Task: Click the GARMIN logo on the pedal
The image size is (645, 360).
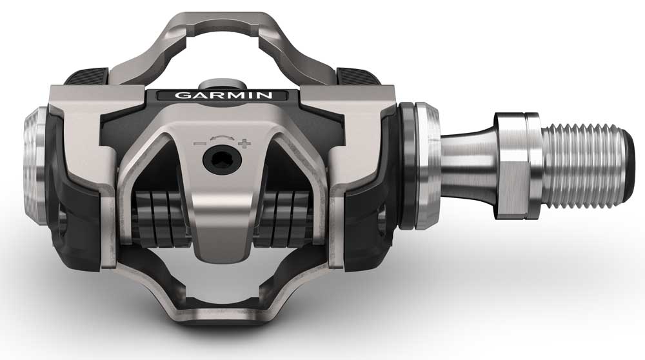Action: coord(219,95)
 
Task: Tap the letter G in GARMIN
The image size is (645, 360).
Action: coord(181,95)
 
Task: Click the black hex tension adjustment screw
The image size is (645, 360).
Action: coord(219,159)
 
